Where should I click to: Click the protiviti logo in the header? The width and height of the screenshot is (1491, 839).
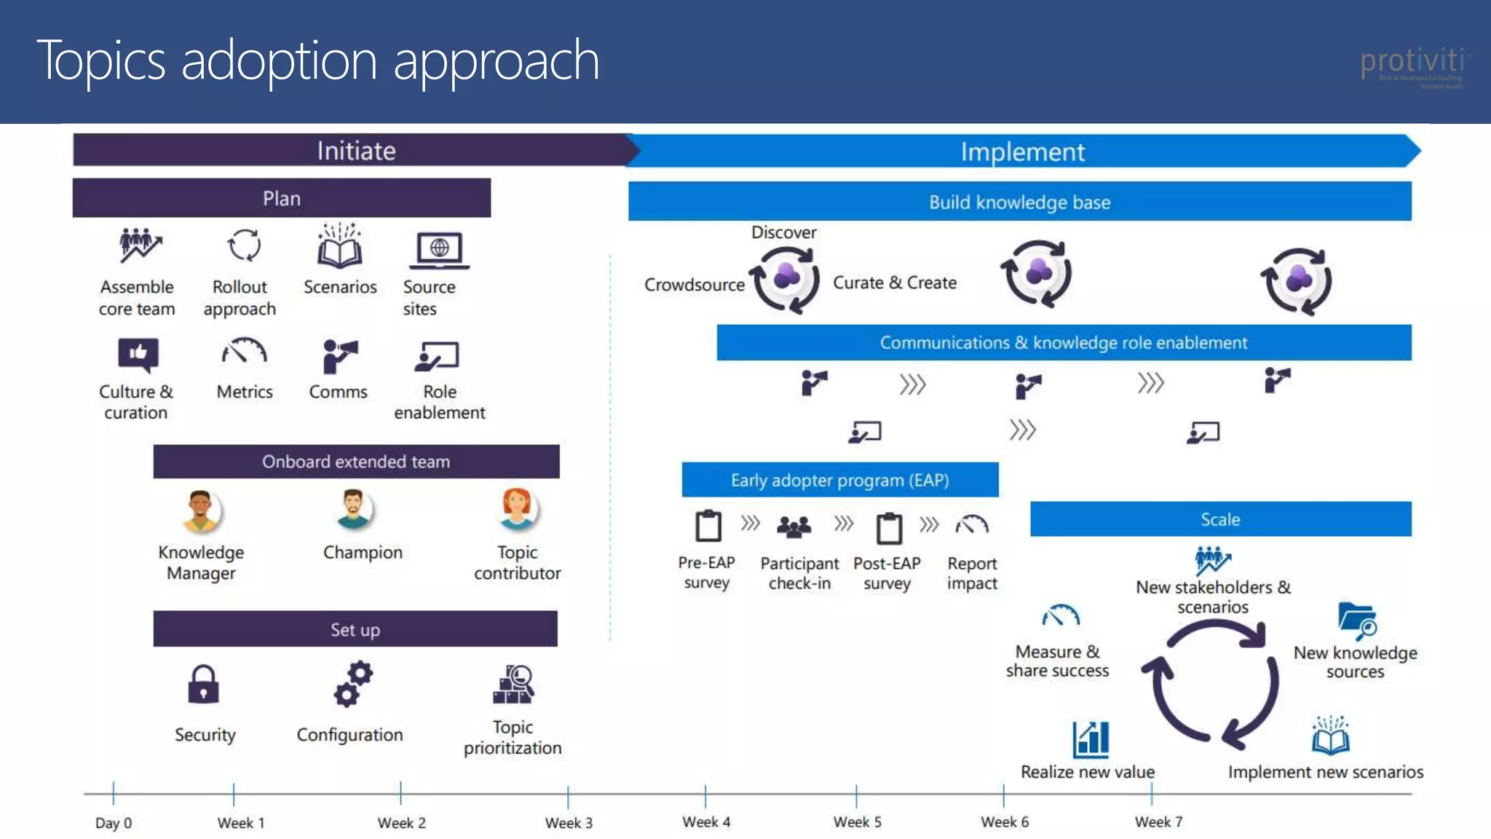[x=1412, y=64]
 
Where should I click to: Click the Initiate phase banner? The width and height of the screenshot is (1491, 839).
[x=356, y=151]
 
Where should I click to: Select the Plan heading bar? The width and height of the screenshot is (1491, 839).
[x=282, y=198]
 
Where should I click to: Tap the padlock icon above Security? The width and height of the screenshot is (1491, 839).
[x=203, y=685]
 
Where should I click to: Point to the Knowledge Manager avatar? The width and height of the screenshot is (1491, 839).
[x=201, y=511]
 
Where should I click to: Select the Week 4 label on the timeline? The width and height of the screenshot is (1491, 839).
[x=706, y=822]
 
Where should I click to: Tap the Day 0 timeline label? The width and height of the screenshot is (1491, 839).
[x=114, y=822]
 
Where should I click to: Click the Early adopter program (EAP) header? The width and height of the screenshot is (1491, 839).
[x=839, y=480]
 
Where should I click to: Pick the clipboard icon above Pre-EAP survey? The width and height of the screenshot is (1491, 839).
[x=708, y=526]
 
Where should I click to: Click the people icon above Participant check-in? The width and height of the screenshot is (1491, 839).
[x=794, y=526]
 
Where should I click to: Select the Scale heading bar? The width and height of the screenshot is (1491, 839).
[x=1220, y=519]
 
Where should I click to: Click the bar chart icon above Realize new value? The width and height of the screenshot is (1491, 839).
[x=1091, y=739]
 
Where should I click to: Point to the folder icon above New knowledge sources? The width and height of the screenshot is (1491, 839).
[x=1356, y=621]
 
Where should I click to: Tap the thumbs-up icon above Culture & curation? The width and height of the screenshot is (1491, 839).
[x=138, y=355]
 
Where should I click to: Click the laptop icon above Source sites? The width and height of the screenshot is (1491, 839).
[x=439, y=251]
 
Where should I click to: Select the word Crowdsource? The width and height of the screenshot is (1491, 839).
[x=694, y=285]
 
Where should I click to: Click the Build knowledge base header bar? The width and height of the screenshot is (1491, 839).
[x=1019, y=202]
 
